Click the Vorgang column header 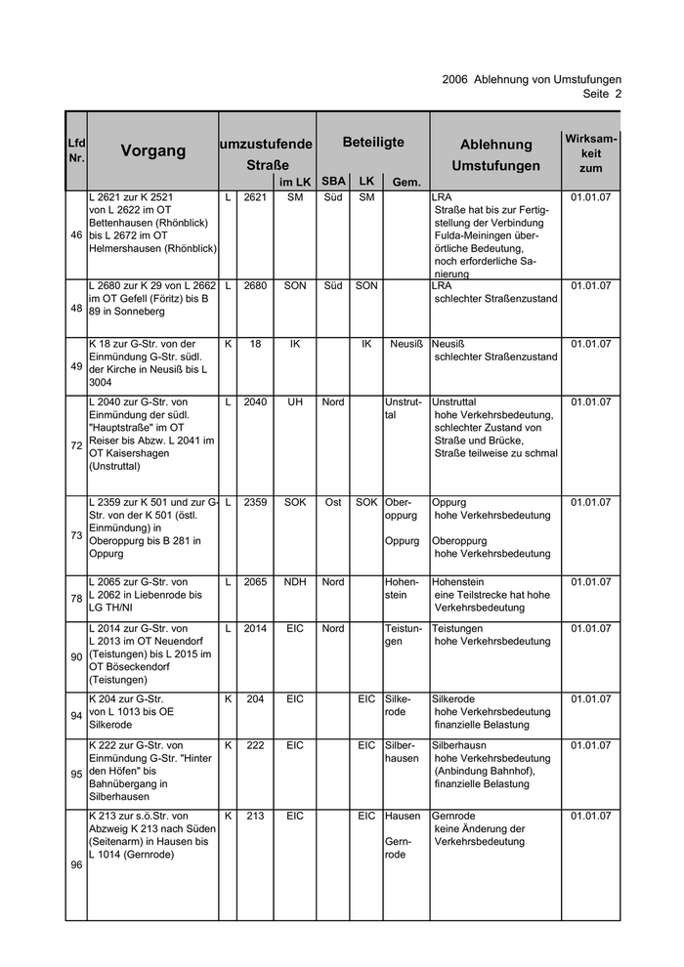coord(153,150)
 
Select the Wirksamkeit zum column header coord(590,153)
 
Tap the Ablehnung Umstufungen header coord(495,155)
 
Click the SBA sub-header coord(333,182)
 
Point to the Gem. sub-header coord(406,183)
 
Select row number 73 coord(76,535)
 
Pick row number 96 coord(76,865)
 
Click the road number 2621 coord(255,197)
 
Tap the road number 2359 coord(255,502)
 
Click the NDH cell coord(294,582)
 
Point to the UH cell coord(294,401)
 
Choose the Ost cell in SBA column coord(333,502)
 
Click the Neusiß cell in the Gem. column coord(406,344)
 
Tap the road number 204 coord(255,699)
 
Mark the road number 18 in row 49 coord(255,344)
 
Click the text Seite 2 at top coord(602,94)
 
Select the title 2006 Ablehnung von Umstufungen coord(532,79)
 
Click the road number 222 coord(255,745)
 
